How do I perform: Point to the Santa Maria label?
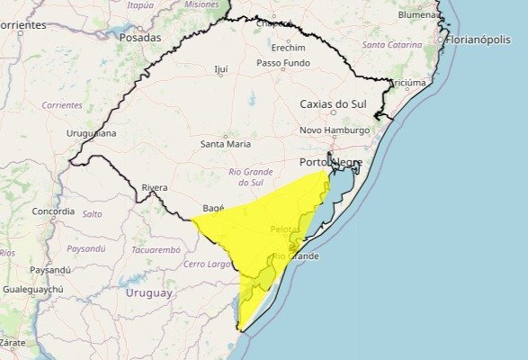click(x=226, y=143)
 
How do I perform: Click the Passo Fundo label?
click(x=282, y=63)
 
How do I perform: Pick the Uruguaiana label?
click(x=91, y=134)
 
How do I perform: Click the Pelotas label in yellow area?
click(x=284, y=229)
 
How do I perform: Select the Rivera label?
click(x=154, y=187)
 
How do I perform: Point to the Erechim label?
click(x=288, y=48)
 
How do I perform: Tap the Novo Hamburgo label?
click(x=335, y=130)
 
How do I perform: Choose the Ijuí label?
click(x=221, y=68)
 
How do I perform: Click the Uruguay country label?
click(x=148, y=293)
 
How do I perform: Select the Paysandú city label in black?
click(x=49, y=270)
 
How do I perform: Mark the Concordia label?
click(x=53, y=211)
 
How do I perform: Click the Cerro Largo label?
click(x=208, y=264)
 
